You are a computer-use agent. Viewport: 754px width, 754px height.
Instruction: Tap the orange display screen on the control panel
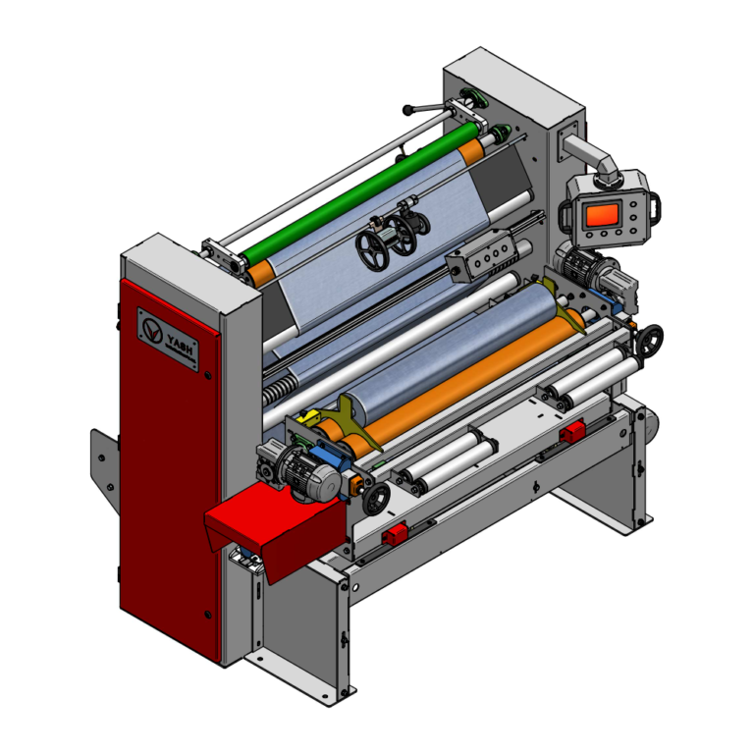[x=603, y=214]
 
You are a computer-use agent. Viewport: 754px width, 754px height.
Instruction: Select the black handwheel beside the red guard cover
[x=375, y=500]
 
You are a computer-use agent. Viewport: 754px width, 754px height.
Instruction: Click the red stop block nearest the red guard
[x=395, y=534]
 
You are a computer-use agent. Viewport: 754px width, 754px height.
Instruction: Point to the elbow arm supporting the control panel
[x=591, y=157]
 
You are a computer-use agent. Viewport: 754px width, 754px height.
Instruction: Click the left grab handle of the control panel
[x=566, y=215]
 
